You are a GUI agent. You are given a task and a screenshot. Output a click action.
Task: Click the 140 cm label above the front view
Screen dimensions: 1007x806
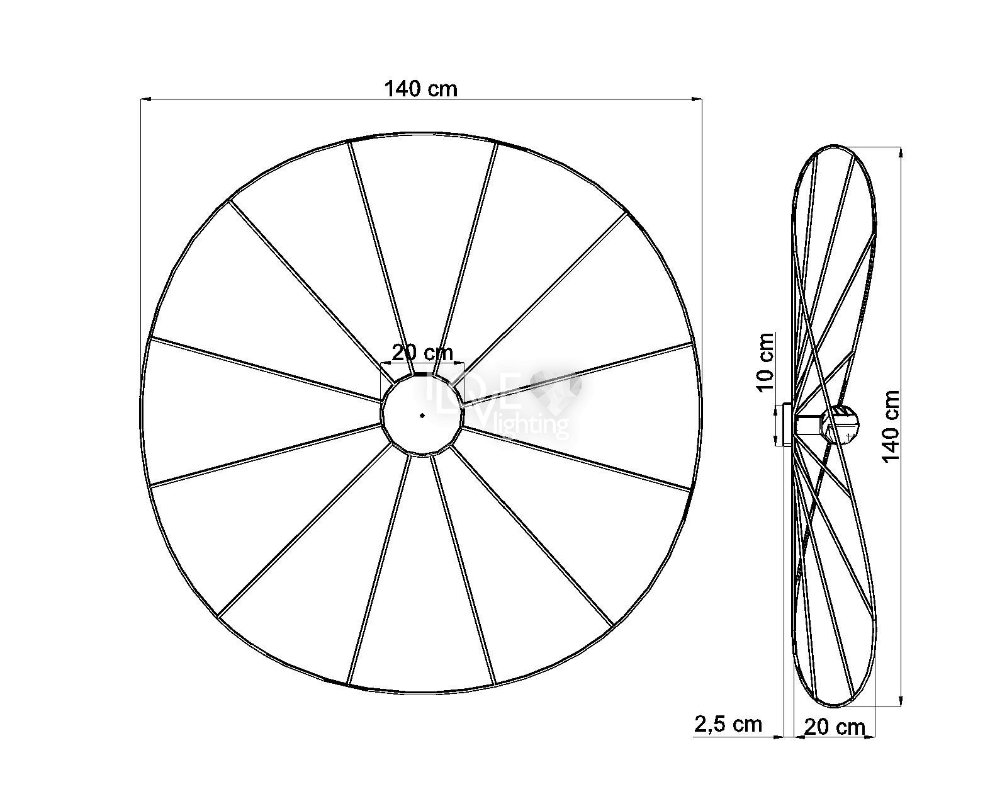tap(420, 89)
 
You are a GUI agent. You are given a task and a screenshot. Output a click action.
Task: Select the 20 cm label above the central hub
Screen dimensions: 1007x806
tap(422, 353)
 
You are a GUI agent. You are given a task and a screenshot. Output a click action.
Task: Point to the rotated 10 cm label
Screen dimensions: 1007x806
tap(765, 361)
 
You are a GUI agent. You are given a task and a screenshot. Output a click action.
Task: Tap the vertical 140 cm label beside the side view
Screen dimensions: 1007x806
tap(891, 426)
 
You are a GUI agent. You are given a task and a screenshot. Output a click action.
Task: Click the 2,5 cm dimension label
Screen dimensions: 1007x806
tap(728, 724)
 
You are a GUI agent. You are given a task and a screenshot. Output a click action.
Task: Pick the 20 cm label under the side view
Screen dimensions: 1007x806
tap(835, 727)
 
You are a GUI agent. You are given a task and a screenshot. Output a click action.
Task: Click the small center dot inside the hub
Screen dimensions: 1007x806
tap(422, 415)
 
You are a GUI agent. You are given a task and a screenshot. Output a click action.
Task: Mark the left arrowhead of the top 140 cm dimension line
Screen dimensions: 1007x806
tap(145, 99)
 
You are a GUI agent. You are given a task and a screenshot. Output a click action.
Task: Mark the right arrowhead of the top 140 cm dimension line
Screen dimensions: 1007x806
tap(697, 99)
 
